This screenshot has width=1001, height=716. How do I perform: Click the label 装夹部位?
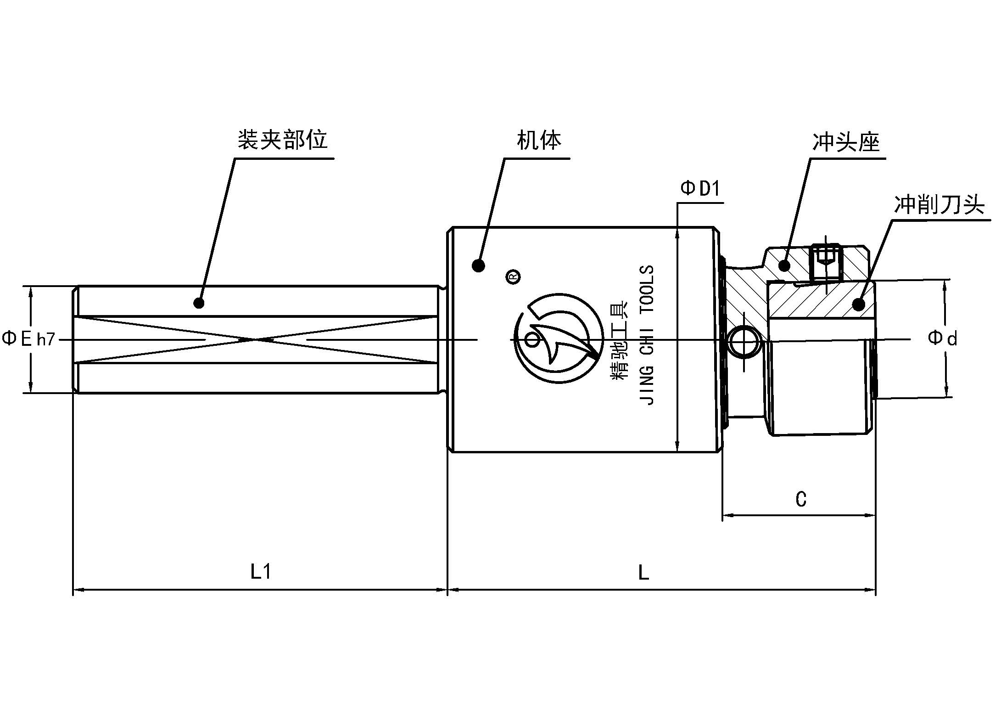point(282,140)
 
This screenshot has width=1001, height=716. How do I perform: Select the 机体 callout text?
point(539,140)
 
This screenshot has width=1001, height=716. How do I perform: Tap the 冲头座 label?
point(846,142)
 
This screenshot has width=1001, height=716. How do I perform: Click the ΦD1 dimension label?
point(700,189)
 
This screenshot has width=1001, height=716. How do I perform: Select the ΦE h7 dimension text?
point(28,339)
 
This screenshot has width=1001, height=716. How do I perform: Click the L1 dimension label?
point(261,572)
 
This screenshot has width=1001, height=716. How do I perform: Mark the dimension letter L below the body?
point(643,573)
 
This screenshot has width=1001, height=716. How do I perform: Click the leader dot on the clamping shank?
point(199,303)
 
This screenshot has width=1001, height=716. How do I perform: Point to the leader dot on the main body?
point(478,265)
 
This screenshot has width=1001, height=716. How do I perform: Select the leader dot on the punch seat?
point(784,265)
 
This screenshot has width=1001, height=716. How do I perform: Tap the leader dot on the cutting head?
point(857,304)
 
